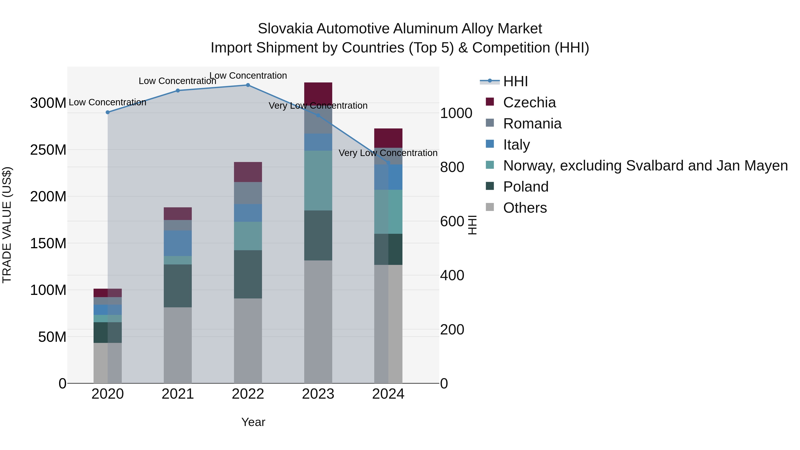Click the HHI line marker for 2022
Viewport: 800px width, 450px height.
point(248,85)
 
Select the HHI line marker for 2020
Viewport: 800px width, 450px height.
point(108,112)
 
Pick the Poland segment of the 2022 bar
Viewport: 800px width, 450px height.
point(248,274)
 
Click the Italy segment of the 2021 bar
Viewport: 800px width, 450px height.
point(178,243)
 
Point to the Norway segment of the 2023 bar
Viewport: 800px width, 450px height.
point(318,180)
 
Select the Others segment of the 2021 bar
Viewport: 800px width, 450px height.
point(178,345)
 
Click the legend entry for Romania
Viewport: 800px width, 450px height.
point(532,124)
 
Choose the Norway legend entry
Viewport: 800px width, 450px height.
point(645,166)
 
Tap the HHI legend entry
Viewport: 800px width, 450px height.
point(515,81)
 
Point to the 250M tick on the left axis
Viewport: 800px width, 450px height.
point(48,150)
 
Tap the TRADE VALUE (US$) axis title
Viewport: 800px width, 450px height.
point(7,225)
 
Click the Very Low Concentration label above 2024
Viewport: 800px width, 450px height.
point(388,153)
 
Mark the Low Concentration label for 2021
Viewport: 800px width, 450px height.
point(177,81)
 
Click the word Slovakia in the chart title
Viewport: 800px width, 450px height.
point(285,29)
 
